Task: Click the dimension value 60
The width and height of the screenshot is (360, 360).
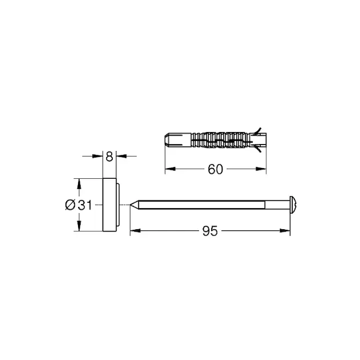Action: coord(215,169)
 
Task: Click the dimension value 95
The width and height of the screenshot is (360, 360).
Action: coord(210,231)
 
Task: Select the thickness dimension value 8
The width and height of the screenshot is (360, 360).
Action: coord(110,157)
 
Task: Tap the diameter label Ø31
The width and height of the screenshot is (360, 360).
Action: coord(78,205)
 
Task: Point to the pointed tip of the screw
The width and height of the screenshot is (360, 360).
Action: coord(130,205)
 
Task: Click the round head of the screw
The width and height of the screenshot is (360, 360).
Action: coord(293,205)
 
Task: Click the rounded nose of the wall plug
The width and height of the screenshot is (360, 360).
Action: coord(168,140)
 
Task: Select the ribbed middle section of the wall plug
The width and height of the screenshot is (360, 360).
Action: coord(220,140)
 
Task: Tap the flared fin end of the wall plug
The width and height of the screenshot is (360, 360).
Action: coord(257,140)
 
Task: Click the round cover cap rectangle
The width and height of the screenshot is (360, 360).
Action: coord(110,205)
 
